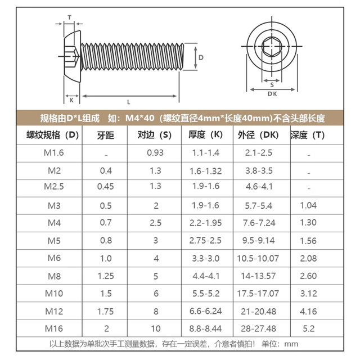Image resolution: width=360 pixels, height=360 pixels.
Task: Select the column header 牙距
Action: point(105,135)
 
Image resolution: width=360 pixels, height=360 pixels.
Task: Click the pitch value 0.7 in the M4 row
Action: point(105,223)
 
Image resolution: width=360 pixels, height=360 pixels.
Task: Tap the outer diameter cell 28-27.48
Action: point(259,328)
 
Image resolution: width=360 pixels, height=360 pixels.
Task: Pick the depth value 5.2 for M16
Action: point(309,328)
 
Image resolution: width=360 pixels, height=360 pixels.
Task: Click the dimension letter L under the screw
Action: point(129,102)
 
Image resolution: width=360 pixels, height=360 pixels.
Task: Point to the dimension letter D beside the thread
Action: point(200,58)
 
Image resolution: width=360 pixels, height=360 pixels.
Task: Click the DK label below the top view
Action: point(272,94)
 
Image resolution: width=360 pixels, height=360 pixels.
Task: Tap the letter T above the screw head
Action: point(70,17)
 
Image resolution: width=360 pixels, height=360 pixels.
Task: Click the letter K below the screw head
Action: point(71,101)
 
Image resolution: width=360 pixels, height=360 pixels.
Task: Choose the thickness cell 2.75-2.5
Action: point(206,240)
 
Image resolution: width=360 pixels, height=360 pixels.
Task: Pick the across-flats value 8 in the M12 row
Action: point(155,310)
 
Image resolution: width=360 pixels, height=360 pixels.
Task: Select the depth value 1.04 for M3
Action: point(309,205)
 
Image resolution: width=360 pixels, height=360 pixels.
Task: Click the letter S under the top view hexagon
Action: point(272,84)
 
